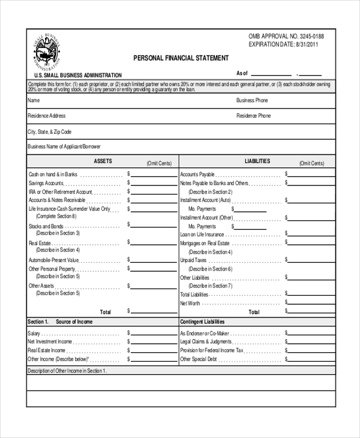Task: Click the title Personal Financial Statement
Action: (x=181, y=58)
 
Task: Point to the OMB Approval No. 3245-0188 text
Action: (x=290, y=37)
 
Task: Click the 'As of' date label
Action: (x=242, y=73)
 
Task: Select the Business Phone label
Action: (x=252, y=100)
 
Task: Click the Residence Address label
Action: (x=47, y=116)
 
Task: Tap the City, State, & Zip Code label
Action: (x=50, y=131)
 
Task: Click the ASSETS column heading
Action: (x=103, y=161)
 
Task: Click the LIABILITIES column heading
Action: (x=257, y=161)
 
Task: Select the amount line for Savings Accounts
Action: (x=154, y=183)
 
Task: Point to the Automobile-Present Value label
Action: (x=53, y=260)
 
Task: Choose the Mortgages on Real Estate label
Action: (x=205, y=244)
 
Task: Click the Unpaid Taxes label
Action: (x=193, y=261)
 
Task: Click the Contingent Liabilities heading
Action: (x=202, y=322)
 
